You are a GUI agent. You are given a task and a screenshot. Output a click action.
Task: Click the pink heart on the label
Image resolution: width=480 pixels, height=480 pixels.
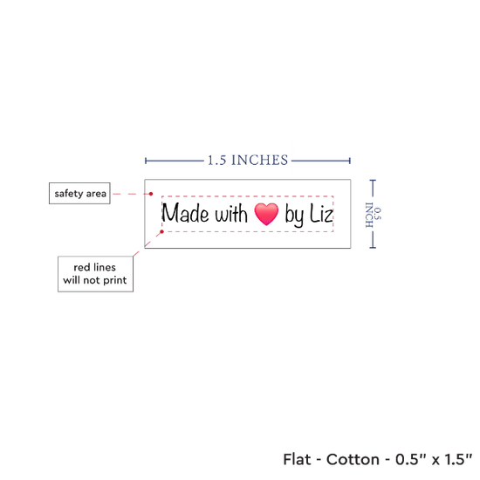(x=266, y=214)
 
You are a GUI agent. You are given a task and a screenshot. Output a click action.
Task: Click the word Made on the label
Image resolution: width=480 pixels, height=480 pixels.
(x=186, y=213)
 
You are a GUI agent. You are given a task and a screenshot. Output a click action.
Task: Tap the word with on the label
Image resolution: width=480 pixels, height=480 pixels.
(x=231, y=213)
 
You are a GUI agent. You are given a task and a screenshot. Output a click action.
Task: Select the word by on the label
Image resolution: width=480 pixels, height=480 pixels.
(x=294, y=215)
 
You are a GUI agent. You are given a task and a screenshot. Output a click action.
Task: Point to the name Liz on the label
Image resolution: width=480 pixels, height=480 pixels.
(x=321, y=213)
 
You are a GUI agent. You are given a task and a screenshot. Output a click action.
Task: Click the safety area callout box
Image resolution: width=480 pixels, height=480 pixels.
(x=79, y=193)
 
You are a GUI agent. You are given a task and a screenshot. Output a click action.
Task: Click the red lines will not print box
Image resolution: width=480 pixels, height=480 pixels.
(x=95, y=274)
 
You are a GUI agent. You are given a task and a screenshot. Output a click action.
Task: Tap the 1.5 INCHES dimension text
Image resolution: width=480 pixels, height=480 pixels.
(x=248, y=160)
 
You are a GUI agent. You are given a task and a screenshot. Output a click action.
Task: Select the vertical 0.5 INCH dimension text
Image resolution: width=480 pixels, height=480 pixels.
(x=374, y=215)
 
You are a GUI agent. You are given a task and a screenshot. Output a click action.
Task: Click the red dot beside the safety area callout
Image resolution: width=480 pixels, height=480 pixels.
(x=151, y=194)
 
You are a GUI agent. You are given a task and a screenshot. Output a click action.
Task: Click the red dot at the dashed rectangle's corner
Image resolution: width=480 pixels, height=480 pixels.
(x=162, y=232)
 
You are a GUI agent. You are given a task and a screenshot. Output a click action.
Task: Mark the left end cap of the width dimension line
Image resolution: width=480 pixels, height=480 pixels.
(x=146, y=161)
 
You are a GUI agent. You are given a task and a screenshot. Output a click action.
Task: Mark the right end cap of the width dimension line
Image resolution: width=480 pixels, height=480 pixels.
(x=350, y=161)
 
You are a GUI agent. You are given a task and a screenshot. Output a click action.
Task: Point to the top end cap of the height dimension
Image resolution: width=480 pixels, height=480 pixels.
(x=373, y=181)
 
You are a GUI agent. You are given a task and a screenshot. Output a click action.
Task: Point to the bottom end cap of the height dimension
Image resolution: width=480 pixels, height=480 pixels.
(x=373, y=247)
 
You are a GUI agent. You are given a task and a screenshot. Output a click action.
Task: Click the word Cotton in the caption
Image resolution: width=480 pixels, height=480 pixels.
(x=353, y=459)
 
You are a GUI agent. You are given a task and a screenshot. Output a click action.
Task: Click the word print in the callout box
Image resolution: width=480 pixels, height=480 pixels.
(x=115, y=281)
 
